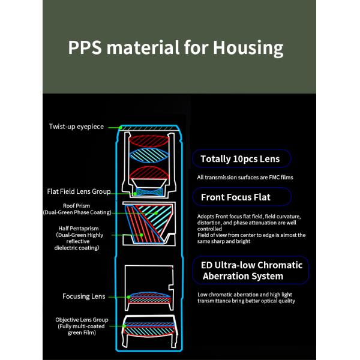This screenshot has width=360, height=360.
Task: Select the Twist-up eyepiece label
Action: [x=76, y=127]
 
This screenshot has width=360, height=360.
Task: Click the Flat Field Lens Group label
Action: [x=79, y=191]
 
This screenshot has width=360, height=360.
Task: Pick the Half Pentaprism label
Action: [x=80, y=238]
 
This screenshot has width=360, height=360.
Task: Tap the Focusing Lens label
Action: [x=84, y=296]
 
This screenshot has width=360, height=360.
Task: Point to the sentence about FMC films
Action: [x=245, y=178]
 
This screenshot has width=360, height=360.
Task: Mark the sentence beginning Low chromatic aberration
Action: [x=246, y=297]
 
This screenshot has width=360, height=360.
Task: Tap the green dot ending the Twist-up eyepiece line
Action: [x=121, y=127]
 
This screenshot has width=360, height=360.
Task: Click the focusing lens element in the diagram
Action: [x=149, y=296]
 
